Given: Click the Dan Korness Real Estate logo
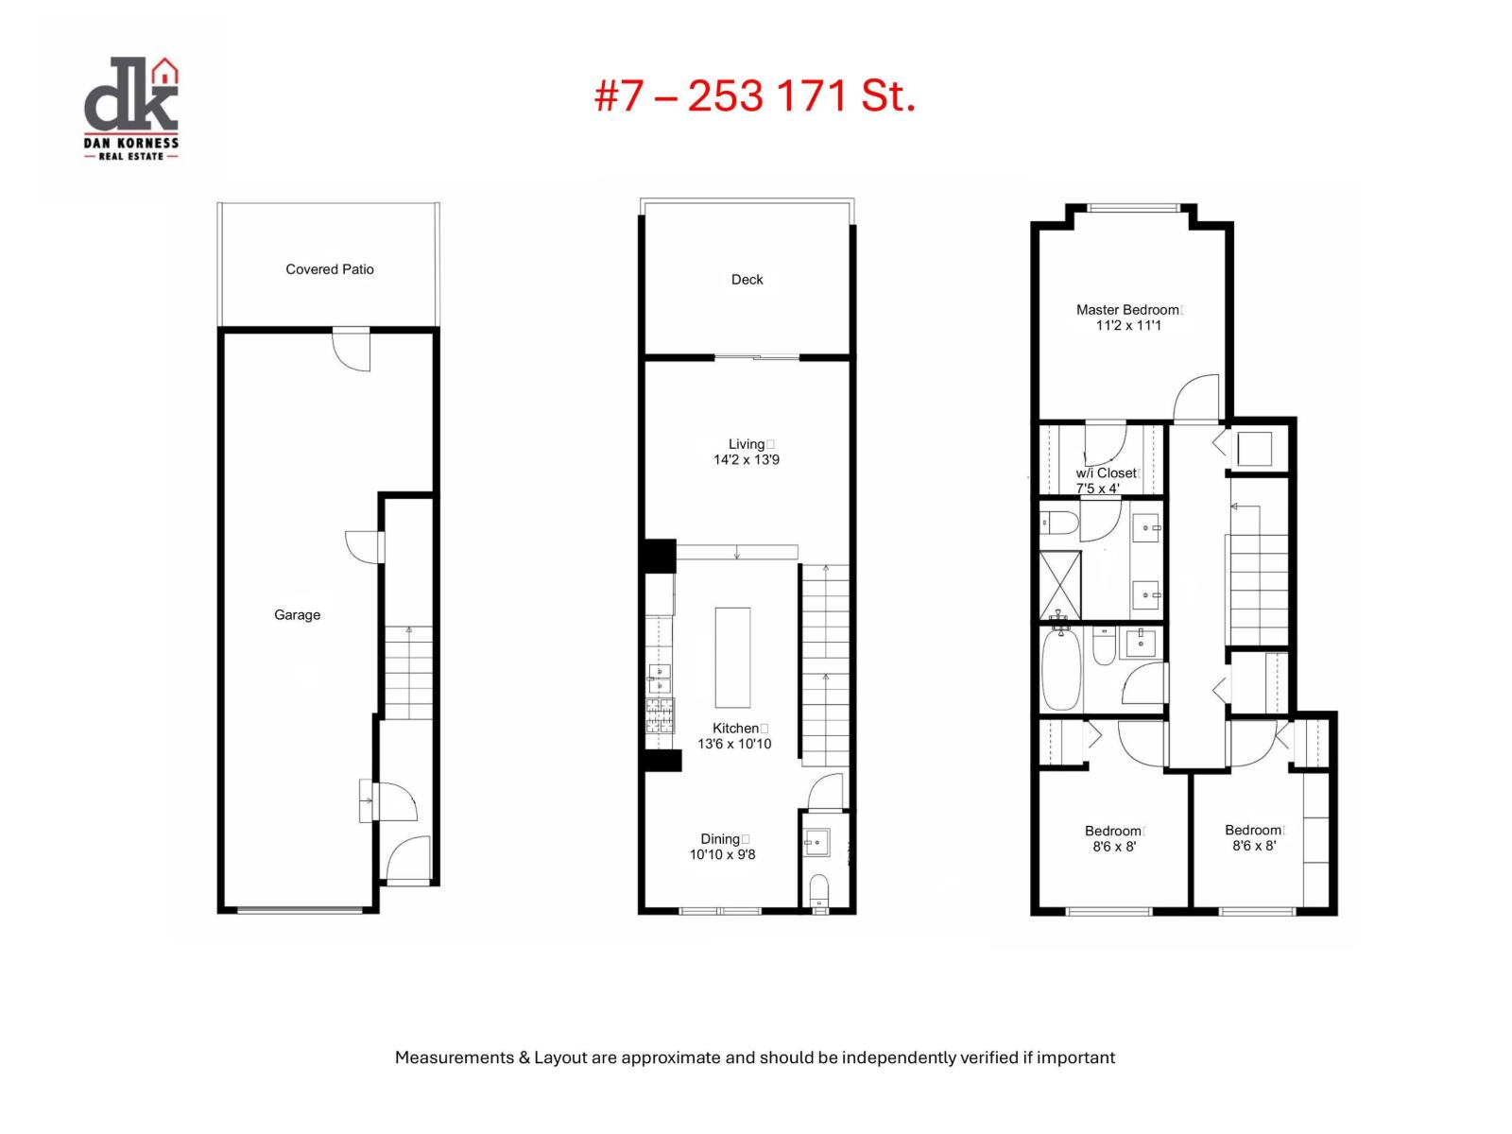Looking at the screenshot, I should click(x=131, y=108).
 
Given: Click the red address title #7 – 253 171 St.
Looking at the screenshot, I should click(x=755, y=95).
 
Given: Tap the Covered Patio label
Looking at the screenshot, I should click(x=330, y=269).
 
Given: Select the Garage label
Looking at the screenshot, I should click(x=297, y=615).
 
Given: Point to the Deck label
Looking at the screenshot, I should click(x=747, y=280).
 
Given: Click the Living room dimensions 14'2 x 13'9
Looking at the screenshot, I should click(x=746, y=460).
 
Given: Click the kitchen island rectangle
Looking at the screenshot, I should click(x=732, y=658).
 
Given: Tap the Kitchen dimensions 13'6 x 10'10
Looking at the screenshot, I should click(x=734, y=744).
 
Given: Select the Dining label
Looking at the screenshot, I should click(x=720, y=839).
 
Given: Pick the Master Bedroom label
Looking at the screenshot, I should click(x=1127, y=310).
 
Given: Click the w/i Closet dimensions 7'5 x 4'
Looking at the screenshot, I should click(x=1097, y=489).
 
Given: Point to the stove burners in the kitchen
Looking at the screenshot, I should click(x=660, y=715).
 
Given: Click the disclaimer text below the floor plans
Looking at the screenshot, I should click(x=754, y=1057).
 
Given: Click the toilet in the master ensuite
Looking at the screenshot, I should click(x=1059, y=524).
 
